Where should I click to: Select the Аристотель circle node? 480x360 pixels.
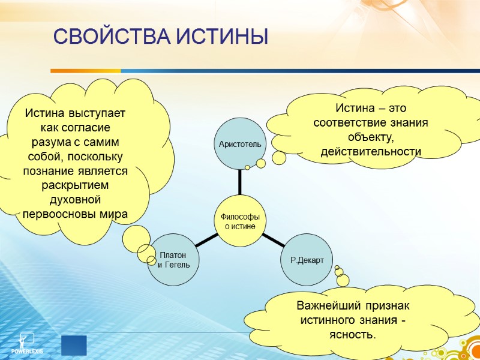coord(240,145)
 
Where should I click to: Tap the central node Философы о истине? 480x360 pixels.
coord(240,221)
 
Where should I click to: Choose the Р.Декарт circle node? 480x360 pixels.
coord(307,260)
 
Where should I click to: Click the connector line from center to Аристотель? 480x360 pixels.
coord(240,182)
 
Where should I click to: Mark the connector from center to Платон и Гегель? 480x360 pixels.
coord(206,240)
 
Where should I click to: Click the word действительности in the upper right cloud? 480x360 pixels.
coord(371,151)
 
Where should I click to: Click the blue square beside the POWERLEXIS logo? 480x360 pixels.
coord(74,345)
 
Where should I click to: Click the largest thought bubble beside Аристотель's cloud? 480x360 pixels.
coord(279,158)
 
